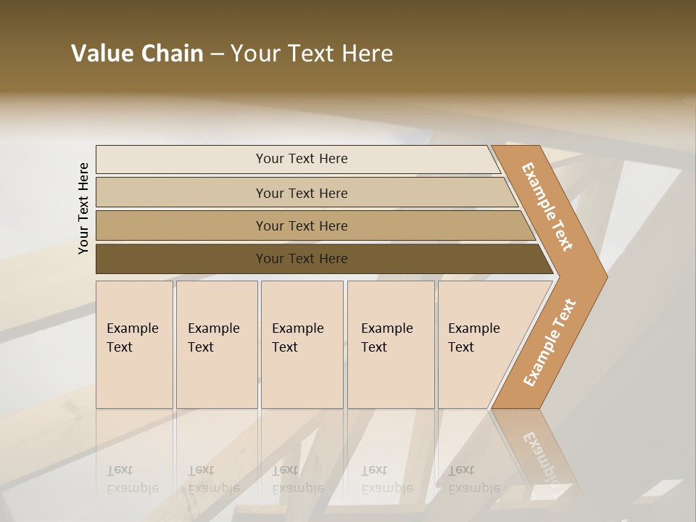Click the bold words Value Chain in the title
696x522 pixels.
coord(137,54)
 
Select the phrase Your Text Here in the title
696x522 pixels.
coord(312,54)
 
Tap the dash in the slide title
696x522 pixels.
coord(217,54)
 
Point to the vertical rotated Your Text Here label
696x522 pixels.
coord(83,208)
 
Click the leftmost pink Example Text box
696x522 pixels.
coord(134,344)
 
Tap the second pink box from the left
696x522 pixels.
coord(216,344)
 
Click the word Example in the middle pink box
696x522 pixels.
coord(297,328)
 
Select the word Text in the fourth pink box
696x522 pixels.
coord(374,347)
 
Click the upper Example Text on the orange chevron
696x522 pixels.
coord(547,207)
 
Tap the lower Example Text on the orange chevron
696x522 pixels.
coord(550,342)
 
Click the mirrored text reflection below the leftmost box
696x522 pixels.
coord(132,480)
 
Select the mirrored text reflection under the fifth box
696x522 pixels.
coord(473,480)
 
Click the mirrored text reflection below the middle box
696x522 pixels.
coord(297,480)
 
